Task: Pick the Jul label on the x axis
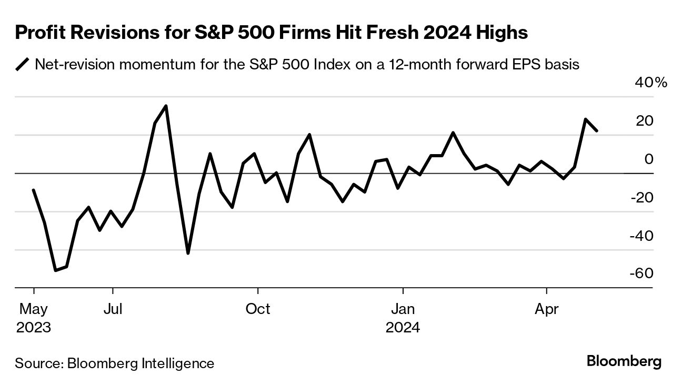point(113,309)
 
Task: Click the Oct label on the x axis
point(257,309)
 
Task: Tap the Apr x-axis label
point(547,309)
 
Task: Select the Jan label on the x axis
point(403,309)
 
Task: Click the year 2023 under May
point(34,328)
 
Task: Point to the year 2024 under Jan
point(403,328)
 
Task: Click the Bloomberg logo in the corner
point(624,362)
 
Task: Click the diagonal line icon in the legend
point(23,65)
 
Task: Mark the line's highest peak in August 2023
point(166,106)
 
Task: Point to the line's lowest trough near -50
point(55,270)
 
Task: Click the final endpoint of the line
point(597,130)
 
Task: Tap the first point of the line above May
point(33,190)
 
